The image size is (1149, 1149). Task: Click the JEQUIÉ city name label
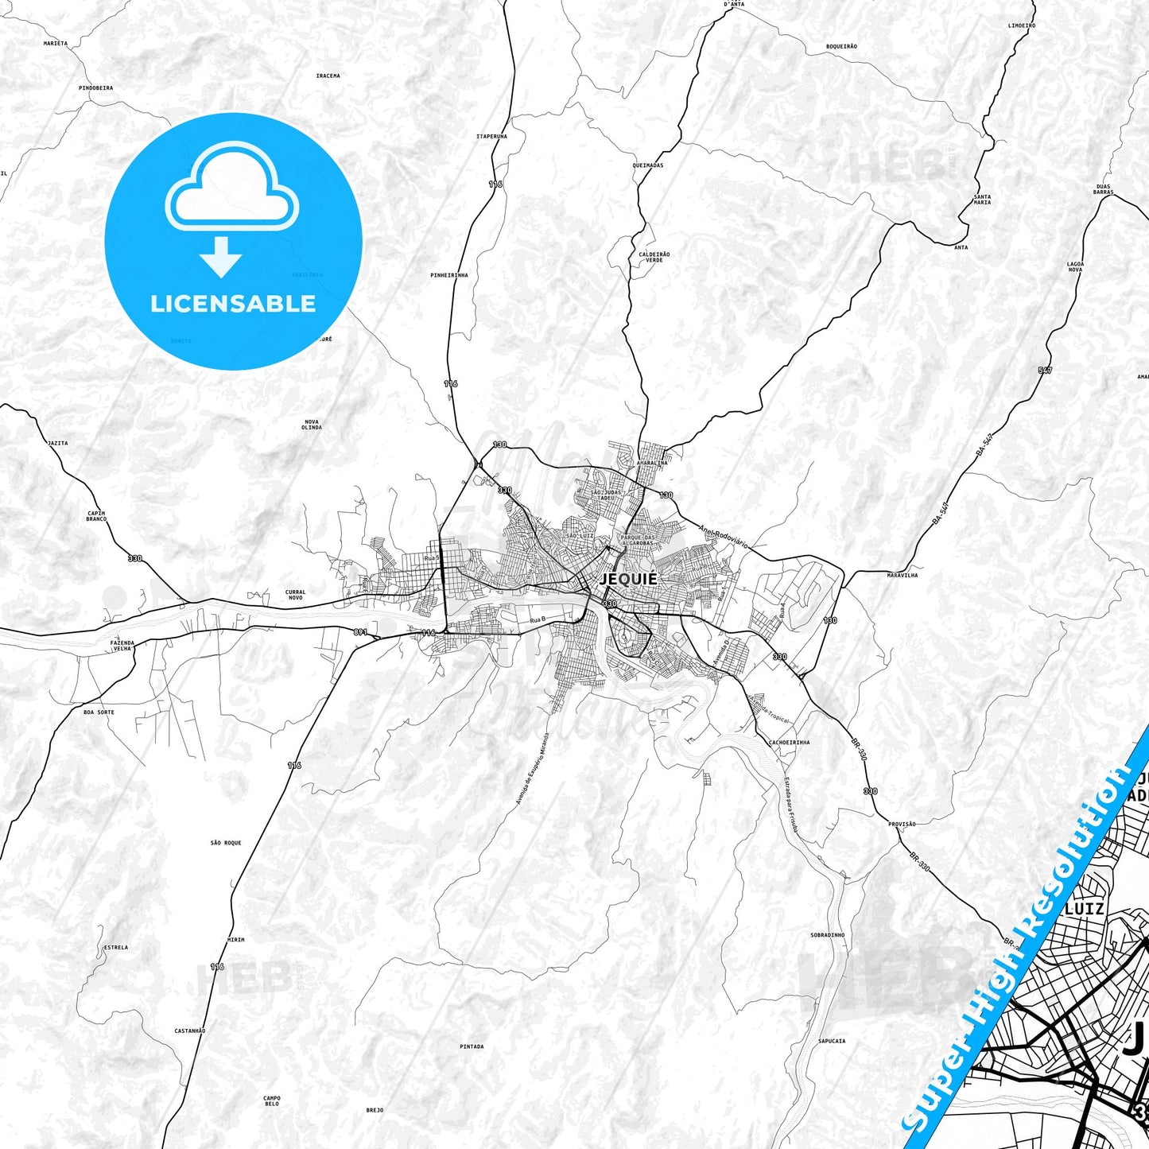(x=628, y=579)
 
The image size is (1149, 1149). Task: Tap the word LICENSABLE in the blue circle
(x=233, y=304)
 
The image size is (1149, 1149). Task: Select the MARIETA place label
(x=56, y=43)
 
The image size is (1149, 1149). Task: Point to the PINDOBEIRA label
(x=96, y=88)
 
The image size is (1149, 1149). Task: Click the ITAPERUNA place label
(x=491, y=136)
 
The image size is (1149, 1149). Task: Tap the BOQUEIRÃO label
(x=841, y=46)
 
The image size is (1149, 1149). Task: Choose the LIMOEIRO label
(x=1022, y=25)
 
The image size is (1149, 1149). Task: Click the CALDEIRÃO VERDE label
(x=654, y=257)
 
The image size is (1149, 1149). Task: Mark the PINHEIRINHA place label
(x=449, y=275)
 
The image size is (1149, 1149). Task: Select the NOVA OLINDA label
(x=312, y=425)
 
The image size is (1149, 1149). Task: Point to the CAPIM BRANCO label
(x=96, y=516)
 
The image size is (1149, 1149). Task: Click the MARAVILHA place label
(x=902, y=575)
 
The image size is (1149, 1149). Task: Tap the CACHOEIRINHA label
(x=790, y=743)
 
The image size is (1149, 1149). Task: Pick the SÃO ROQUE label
(x=226, y=843)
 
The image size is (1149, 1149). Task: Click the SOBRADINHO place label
(x=827, y=935)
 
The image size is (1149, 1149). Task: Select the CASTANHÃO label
(x=190, y=1031)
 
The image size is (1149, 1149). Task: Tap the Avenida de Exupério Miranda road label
(x=533, y=769)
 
